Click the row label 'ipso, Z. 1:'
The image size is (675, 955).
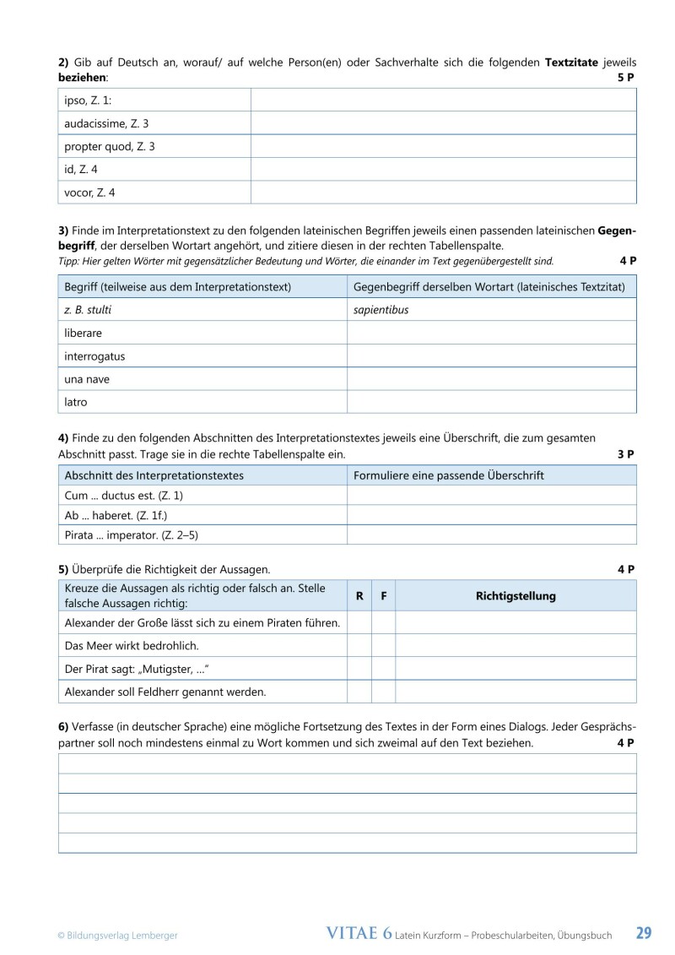tap(88, 100)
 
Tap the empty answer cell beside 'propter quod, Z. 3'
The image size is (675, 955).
tap(443, 146)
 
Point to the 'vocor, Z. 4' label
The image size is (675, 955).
tap(89, 193)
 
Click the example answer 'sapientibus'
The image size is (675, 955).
tap(381, 310)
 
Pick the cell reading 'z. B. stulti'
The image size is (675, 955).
tap(88, 310)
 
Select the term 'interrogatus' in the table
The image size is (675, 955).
tap(94, 356)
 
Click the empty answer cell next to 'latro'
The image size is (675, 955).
tap(491, 402)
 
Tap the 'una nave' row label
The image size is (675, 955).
tap(87, 379)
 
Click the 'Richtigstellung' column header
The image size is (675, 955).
tap(516, 596)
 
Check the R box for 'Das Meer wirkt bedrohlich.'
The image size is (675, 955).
tap(359, 645)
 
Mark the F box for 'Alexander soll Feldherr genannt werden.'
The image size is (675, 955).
tap(383, 692)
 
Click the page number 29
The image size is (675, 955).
tap(643, 933)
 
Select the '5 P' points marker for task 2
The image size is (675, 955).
tap(625, 77)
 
